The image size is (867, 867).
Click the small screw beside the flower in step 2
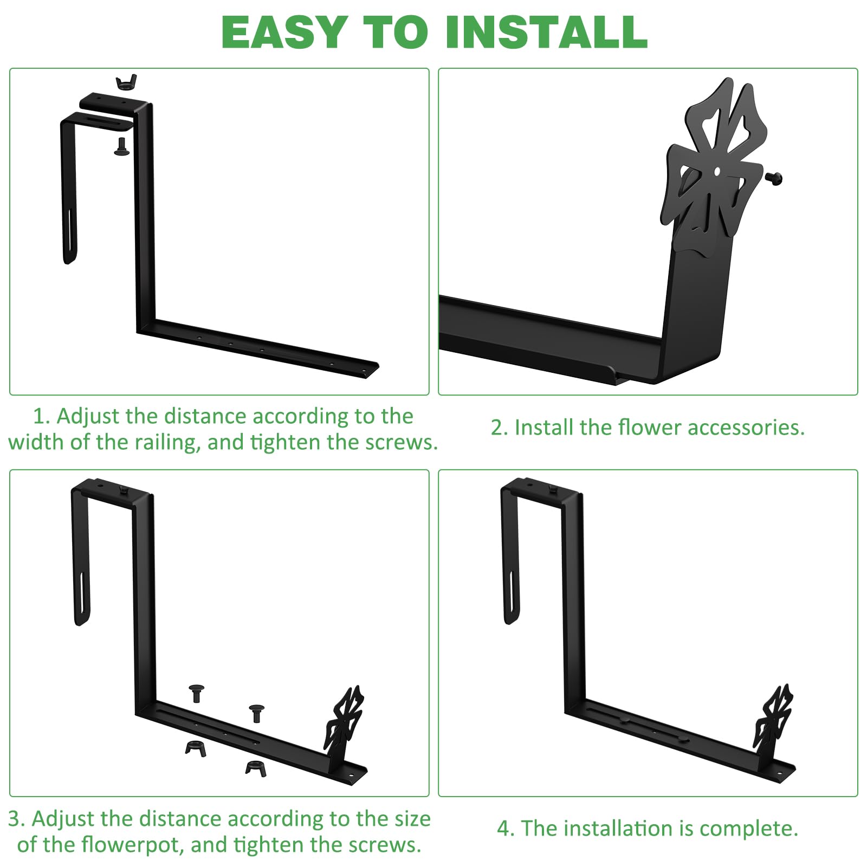(774, 178)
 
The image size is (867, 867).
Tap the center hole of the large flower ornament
(717, 171)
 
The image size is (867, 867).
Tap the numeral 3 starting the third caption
(16, 819)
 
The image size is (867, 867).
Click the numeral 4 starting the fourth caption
(504, 829)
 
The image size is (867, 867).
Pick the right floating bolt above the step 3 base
(256, 713)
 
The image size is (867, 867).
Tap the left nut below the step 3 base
(196, 748)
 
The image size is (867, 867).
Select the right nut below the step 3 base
(256, 768)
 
